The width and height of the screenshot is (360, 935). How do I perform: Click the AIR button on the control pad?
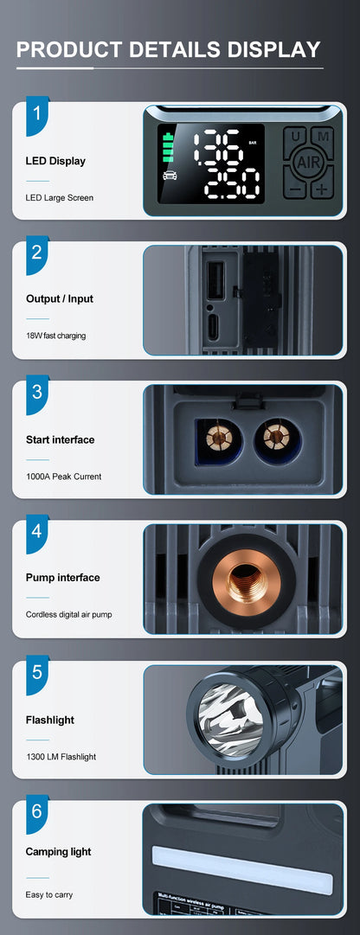[309, 162]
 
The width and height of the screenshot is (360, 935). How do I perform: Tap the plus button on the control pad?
[323, 189]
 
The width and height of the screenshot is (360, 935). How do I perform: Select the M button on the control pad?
[323, 137]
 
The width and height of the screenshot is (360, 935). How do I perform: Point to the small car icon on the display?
[169, 176]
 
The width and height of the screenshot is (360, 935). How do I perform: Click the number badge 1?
[37, 114]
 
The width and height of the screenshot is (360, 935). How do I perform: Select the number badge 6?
[37, 812]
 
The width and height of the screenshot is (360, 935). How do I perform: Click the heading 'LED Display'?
[55, 161]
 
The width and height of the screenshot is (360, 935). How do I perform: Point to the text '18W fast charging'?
[55, 336]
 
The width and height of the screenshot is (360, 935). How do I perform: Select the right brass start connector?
[276, 437]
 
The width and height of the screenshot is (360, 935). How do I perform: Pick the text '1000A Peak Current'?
[64, 477]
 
